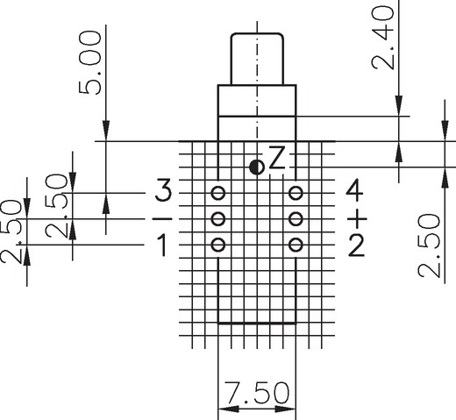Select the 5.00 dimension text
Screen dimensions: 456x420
coord(90,63)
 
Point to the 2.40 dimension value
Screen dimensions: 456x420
coord(382,38)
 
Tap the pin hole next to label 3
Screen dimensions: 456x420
coord(218,193)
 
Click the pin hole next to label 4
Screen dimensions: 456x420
coord(296,193)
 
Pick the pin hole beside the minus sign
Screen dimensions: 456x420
coord(218,218)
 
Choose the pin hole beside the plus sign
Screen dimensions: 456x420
coord(296,218)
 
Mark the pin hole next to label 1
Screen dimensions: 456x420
coord(218,245)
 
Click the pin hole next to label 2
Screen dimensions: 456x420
coord(296,245)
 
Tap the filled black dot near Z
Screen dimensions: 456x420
coord(257,167)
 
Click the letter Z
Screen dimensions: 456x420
coord(276,158)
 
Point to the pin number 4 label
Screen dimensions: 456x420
coord(354,192)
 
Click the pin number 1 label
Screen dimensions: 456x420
coord(162,246)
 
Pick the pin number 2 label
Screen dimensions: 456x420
coord(356,246)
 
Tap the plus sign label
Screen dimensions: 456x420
coord(357,218)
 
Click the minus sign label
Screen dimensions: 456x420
coord(162,218)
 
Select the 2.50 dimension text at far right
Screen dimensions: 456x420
coord(429,246)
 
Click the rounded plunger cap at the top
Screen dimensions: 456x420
coord(257,60)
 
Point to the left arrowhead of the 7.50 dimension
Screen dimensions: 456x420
coord(229,409)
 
